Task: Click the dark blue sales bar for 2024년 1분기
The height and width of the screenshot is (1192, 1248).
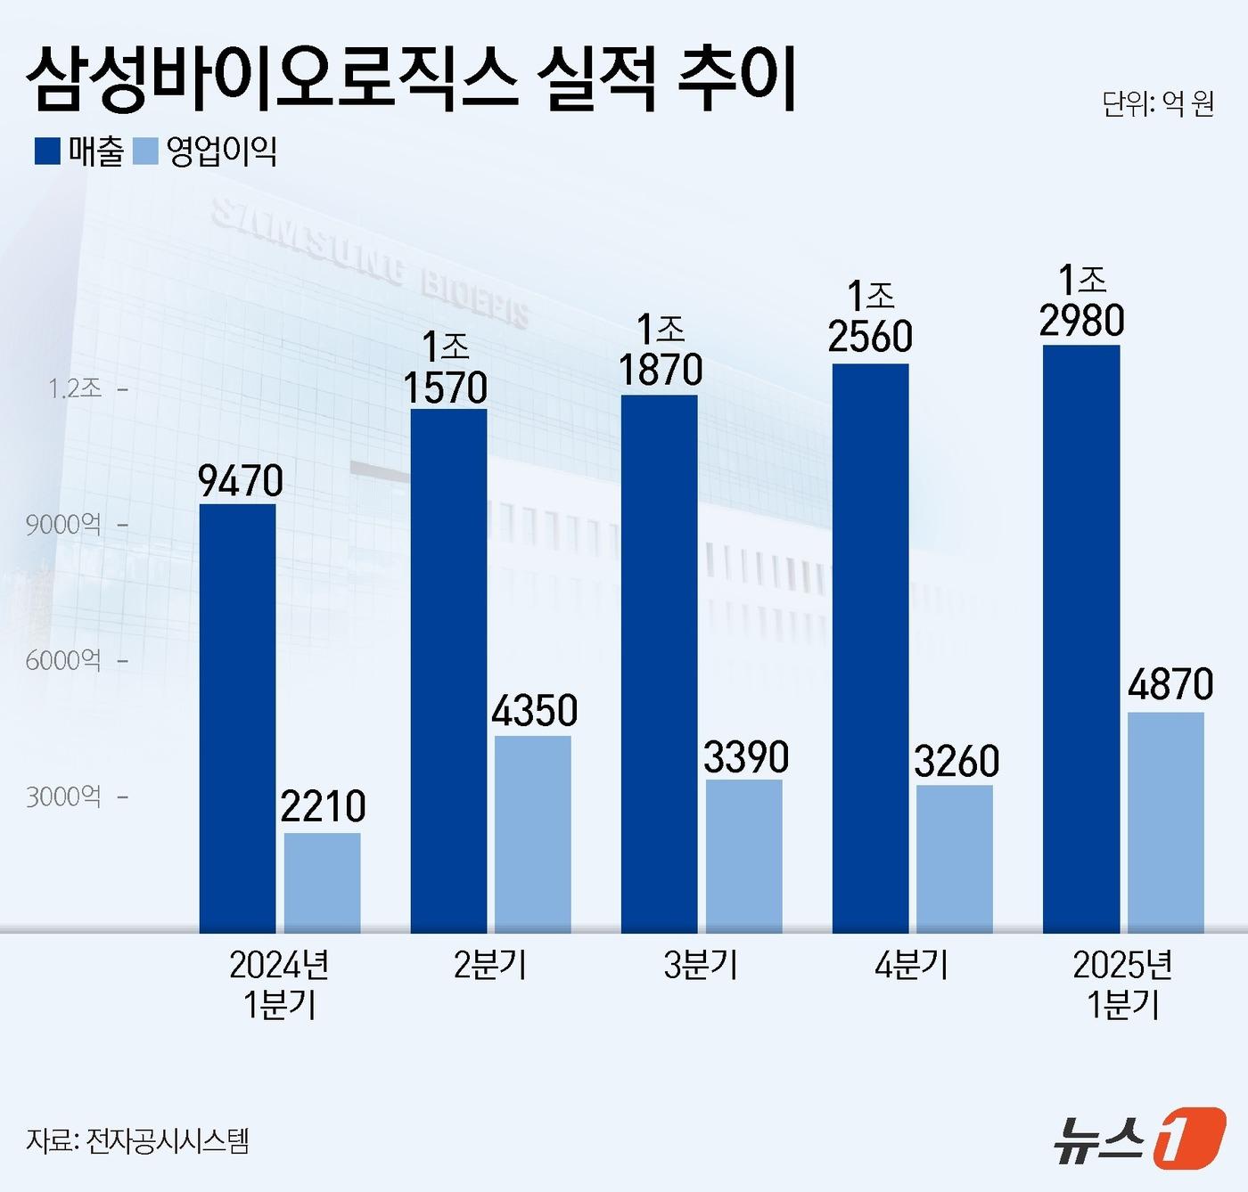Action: click(x=237, y=718)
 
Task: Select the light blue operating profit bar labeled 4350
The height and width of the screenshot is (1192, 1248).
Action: click(x=533, y=834)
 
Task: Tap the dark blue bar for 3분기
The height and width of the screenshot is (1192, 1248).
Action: click(x=660, y=664)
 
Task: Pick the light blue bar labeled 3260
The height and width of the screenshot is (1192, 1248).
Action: click(x=955, y=859)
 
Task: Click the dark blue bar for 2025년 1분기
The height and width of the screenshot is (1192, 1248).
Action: click(x=1081, y=639)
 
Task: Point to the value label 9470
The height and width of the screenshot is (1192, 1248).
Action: click(x=241, y=481)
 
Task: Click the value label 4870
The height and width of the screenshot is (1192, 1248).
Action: click(x=1170, y=685)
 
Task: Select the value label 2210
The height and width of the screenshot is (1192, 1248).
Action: click(x=323, y=807)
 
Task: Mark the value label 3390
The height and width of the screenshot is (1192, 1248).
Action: click(x=746, y=757)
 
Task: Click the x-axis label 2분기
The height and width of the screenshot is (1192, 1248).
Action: click(x=490, y=966)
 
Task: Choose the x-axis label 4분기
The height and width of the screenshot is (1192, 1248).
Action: click(x=911, y=966)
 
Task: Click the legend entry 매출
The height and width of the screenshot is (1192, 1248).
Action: click(x=80, y=151)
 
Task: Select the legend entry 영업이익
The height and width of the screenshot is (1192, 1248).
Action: click(x=207, y=151)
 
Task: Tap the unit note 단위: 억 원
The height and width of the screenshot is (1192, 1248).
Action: click(x=1158, y=104)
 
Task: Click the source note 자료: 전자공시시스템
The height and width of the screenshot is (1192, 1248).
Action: click(x=138, y=1141)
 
